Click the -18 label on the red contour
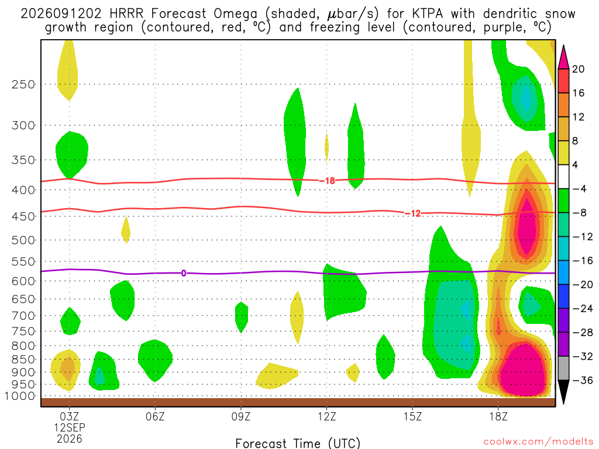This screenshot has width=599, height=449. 328,180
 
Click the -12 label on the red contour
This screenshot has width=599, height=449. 413,213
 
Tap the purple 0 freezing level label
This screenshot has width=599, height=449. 184,273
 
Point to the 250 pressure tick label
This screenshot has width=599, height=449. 23,84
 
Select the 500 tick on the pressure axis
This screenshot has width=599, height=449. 23,240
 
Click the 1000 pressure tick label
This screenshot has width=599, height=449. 19,396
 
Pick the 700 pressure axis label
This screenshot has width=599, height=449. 23,316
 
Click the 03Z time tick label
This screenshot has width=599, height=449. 69,416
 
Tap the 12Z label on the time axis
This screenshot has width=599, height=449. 326,416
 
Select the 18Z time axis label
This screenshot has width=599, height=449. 498,416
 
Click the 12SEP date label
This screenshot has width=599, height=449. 69,427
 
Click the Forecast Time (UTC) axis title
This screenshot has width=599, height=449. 298,443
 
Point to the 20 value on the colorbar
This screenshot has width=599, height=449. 578,69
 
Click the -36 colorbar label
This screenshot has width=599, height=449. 582,380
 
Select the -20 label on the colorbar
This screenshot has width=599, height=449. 582,285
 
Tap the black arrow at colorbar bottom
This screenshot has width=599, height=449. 563,391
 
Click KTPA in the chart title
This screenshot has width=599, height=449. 428,13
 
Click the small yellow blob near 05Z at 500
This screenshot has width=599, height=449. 126,230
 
